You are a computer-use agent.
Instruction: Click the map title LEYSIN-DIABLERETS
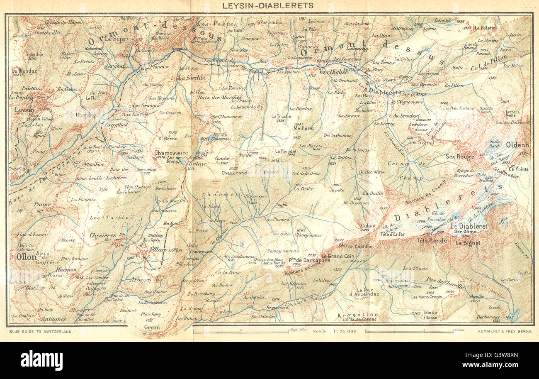point(268,6)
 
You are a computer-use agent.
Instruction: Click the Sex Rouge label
point(459,156)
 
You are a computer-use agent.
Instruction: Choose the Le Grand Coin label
point(337,256)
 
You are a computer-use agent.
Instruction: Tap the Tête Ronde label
point(432,240)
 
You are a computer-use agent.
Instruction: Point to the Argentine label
point(357,315)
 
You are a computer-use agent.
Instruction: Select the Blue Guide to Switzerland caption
point(40,332)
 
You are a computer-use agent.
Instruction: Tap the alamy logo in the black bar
point(41,360)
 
